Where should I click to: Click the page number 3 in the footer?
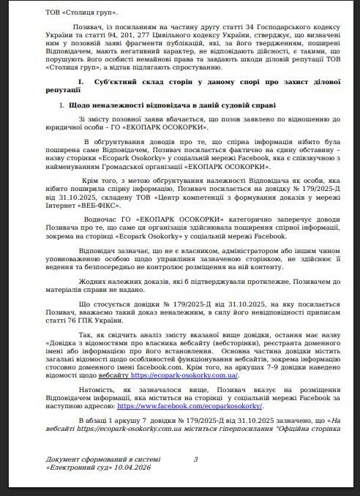pyautogui.click(x=195, y=459)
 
